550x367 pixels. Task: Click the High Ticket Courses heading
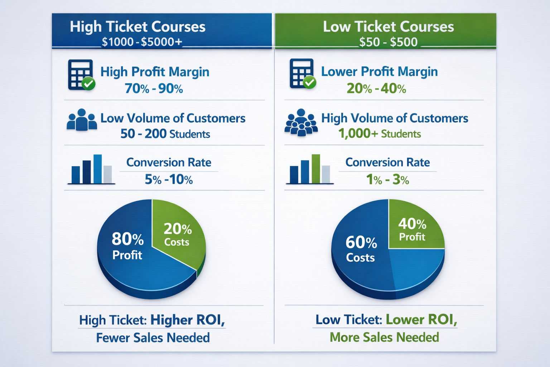137,27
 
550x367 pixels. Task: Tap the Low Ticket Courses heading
388,27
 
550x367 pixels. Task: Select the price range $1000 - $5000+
142,42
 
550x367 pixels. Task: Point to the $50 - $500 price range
388,42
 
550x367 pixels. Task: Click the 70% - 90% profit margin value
154,89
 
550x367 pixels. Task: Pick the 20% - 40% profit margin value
376,89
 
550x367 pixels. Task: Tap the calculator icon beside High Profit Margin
81,75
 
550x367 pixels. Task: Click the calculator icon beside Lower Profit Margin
302,74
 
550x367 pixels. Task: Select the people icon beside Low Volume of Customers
82,120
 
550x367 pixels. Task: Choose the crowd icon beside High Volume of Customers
301,122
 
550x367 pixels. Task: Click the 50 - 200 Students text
165,134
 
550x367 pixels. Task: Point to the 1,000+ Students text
379,134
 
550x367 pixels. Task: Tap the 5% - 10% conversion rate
169,179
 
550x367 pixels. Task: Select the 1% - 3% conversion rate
387,179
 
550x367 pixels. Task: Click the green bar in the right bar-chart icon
316,169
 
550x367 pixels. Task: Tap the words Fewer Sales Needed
153,338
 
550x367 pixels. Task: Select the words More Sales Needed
384,337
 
